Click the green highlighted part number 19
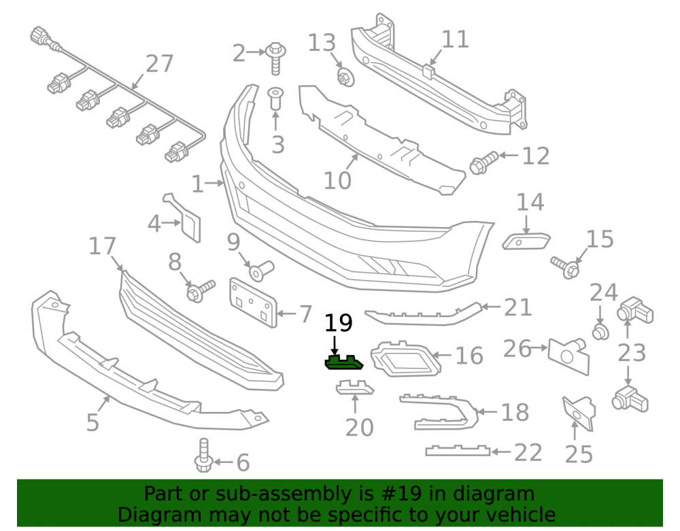click(344, 363)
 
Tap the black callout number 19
click(339, 323)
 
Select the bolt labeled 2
click(275, 58)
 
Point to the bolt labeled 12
click(484, 163)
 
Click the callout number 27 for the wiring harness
click(160, 64)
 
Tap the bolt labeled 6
click(203, 455)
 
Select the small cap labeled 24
click(600, 332)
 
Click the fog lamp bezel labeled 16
click(405, 358)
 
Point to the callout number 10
click(337, 180)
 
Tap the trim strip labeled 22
click(458, 451)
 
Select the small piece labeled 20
click(355, 387)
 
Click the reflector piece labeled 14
click(526, 241)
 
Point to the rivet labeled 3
click(275, 99)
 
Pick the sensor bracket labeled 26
click(568, 356)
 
